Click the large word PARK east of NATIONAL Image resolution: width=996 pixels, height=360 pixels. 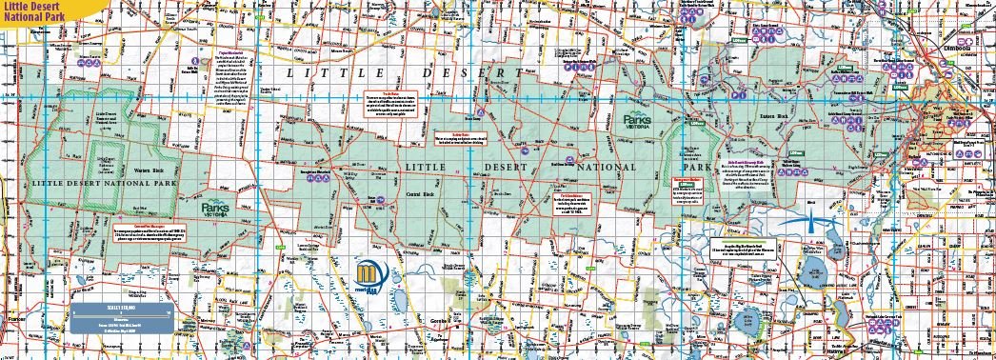(x=697, y=167)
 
